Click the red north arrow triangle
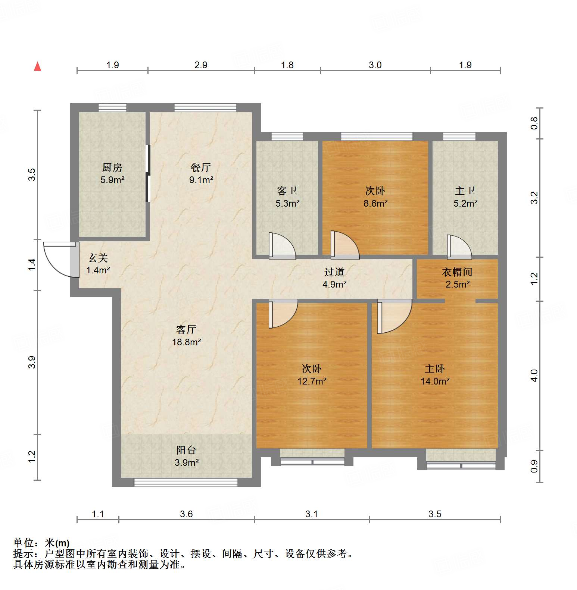pos(37,67)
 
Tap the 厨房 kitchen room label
pos(112,167)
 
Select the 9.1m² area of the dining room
pos(201,180)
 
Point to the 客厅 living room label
pos(186,329)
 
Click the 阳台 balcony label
pos(186,450)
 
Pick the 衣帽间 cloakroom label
pos(457,272)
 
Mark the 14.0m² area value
pos(435,382)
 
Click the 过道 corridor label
pos(334,272)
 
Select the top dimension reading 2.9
pos(201,65)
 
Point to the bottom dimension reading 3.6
pos(186,514)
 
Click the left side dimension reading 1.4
pos(32,264)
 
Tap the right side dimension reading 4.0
pos(534,375)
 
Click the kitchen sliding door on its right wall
pos(148,173)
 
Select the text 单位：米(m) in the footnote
pos(41,543)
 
